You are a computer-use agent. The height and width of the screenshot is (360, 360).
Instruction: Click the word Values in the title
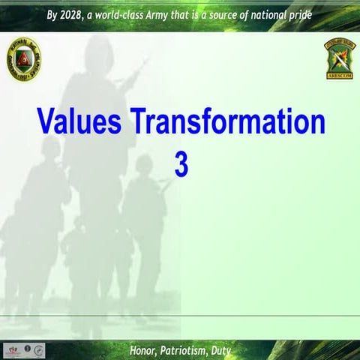point(78,122)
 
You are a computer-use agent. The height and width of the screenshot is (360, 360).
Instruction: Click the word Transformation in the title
point(226,122)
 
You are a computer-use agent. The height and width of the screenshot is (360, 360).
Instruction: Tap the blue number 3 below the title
point(181,166)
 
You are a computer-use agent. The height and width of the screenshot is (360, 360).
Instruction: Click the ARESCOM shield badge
point(340,57)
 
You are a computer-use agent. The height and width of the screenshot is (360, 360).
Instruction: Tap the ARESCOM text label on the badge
point(340,75)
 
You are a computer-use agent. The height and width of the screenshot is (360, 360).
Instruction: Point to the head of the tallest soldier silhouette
point(100,52)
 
